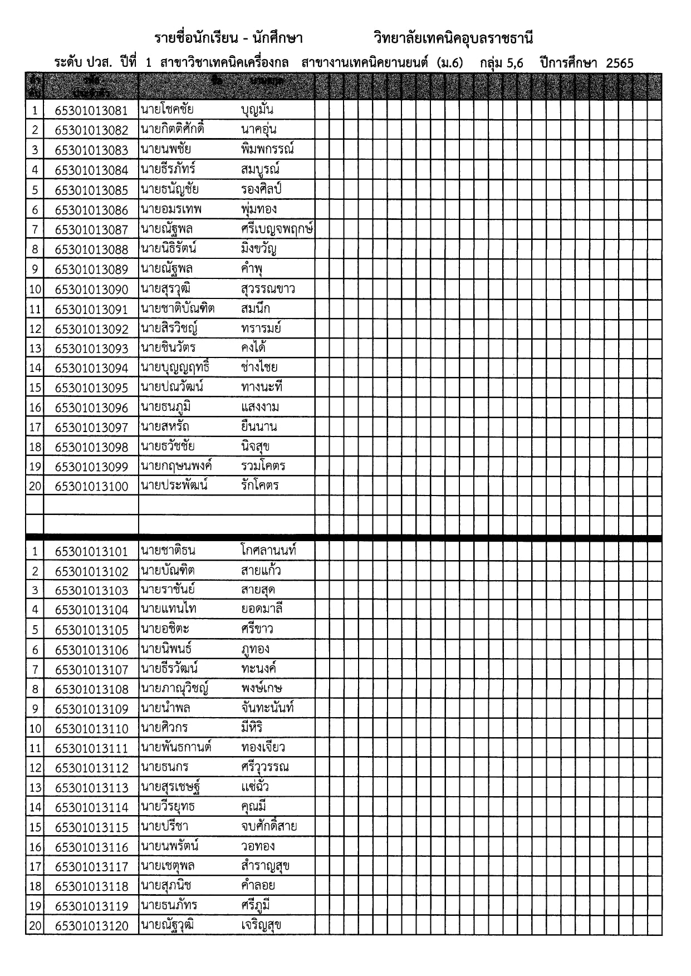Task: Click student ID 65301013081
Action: point(91,110)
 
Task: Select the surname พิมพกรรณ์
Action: point(267,149)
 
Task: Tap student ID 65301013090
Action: point(91,290)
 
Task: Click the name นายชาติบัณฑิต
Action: point(178,309)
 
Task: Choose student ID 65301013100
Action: point(91,487)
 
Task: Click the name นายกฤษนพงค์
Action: point(177,467)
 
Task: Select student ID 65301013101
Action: point(91,552)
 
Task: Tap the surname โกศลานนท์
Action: point(268,551)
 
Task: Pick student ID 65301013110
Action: point(91,729)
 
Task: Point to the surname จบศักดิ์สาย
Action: point(269,827)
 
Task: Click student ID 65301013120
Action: point(91,926)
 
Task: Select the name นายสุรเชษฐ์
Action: point(170,787)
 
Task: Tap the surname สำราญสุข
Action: point(265,866)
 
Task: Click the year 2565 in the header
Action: point(619,63)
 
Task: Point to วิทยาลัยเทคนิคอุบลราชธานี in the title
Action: point(453,38)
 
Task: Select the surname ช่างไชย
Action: point(259,367)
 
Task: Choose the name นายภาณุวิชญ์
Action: point(174,689)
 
